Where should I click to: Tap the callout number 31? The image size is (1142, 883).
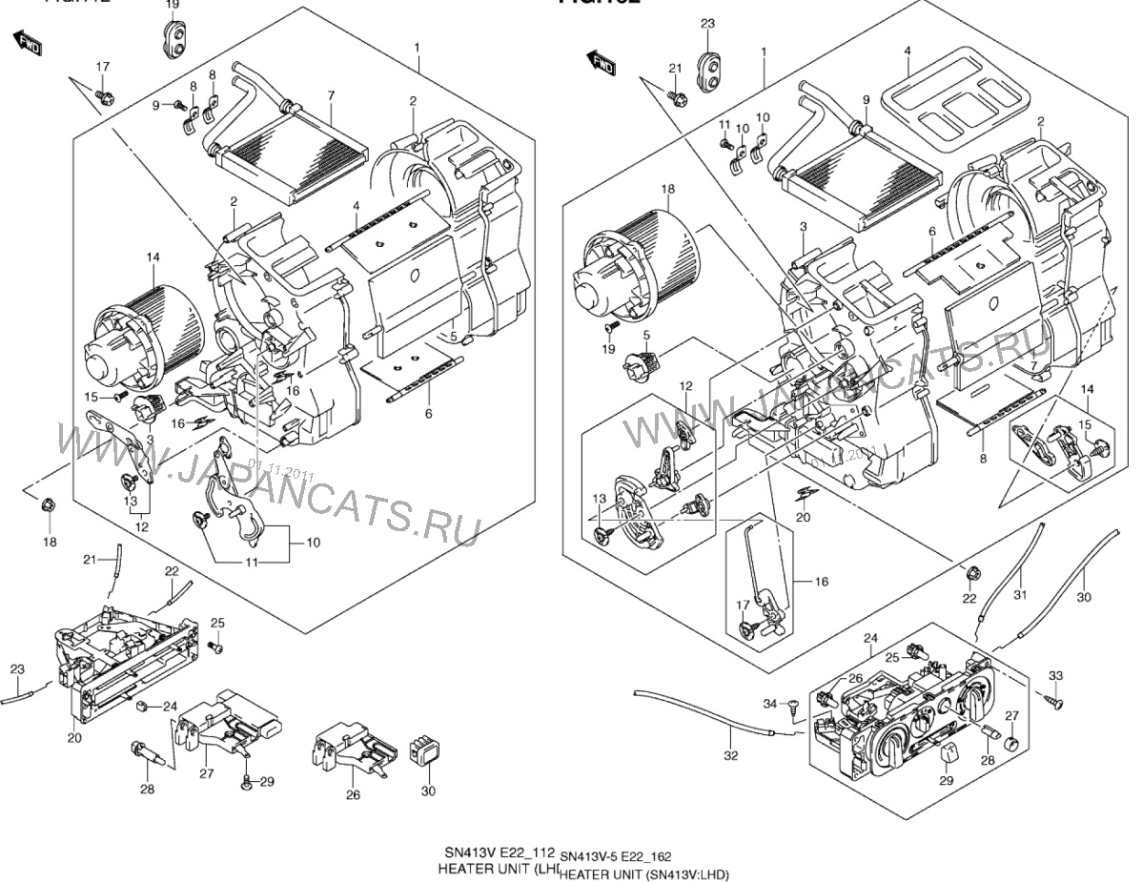click(1020, 597)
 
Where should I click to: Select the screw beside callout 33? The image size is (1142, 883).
click(1055, 699)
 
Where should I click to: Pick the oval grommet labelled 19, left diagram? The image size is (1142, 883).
click(174, 39)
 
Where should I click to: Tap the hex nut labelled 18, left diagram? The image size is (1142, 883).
click(46, 504)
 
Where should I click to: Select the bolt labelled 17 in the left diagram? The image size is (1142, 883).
click(105, 96)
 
